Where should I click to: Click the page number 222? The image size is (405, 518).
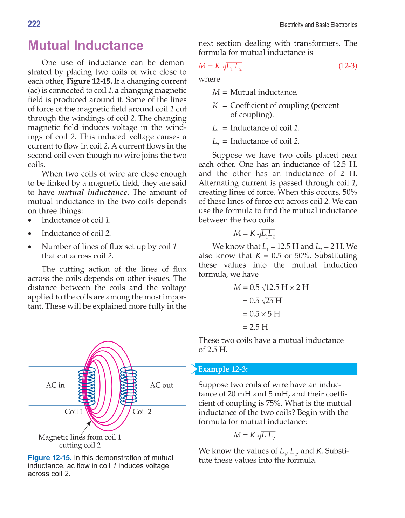coord(34,24)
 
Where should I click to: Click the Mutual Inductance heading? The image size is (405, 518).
coord(85,46)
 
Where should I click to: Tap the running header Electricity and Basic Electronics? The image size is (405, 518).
coord(318,25)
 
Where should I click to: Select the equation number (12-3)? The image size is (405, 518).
coord(348,66)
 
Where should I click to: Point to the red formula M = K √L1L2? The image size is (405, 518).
coord(220,66)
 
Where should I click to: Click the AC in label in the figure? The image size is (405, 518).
coord(55,385)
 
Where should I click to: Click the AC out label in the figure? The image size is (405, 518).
coord(162,385)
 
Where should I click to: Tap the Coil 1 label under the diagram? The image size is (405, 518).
coord(74,412)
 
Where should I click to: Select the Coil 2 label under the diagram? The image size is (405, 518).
coord(142,412)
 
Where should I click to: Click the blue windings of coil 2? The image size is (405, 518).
coord(129,385)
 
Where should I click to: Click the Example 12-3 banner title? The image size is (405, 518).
coord(223,369)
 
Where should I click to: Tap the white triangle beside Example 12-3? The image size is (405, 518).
coord(193,369)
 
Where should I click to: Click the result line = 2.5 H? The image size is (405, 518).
coord(255,327)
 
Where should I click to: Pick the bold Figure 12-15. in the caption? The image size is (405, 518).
coord(50,458)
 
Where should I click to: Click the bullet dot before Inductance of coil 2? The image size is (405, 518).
coord(30,234)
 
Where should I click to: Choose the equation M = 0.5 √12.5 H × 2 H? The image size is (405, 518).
coord(271,288)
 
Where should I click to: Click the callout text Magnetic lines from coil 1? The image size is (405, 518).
coord(80,437)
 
